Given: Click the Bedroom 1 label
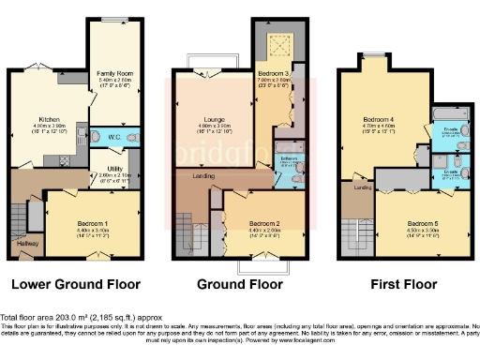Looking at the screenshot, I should [x=92, y=222].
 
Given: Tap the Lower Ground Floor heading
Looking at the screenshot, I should [x=75, y=283].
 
